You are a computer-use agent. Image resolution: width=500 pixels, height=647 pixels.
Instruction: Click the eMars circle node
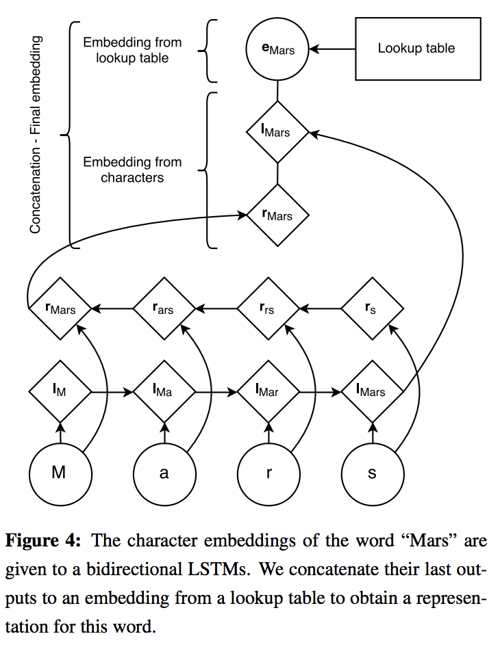click(x=277, y=49)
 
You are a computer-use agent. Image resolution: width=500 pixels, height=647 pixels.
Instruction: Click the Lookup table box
click(x=418, y=49)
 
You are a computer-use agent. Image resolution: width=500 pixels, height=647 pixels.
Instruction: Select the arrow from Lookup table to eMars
click(x=332, y=49)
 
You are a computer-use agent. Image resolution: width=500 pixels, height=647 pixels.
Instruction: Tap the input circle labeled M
click(x=60, y=473)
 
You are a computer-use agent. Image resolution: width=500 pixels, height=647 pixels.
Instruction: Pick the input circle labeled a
click(x=164, y=473)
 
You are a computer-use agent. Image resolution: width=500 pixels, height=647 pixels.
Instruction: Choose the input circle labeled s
click(x=373, y=473)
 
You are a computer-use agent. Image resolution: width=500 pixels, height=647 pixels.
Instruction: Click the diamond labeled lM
click(x=60, y=391)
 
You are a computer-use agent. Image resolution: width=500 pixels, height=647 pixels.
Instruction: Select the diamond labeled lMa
click(x=164, y=391)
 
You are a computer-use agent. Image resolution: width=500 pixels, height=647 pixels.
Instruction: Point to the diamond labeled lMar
click(x=268, y=391)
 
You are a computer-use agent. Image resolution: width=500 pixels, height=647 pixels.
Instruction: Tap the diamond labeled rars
click(x=164, y=308)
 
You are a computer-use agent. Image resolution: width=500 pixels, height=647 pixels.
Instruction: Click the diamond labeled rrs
click(x=268, y=308)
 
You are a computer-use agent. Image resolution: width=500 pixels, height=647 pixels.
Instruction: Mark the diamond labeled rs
click(x=373, y=308)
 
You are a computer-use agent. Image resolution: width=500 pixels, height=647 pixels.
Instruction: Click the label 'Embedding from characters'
click(x=132, y=170)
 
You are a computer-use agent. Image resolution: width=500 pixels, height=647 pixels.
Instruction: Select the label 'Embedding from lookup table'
click(x=132, y=50)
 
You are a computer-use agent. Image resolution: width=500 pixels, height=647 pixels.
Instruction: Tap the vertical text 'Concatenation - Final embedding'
click(x=36, y=135)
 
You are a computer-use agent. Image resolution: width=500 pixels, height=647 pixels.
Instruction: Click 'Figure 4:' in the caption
click(x=43, y=540)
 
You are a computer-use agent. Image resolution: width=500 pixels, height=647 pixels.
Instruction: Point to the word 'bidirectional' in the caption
click(x=133, y=569)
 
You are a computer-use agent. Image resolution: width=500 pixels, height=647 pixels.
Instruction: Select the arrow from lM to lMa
click(x=112, y=391)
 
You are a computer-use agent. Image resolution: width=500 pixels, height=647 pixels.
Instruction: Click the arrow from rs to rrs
click(x=321, y=308)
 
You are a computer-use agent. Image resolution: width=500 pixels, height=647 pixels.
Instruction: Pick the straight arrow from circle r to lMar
click(x=268, y=432)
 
